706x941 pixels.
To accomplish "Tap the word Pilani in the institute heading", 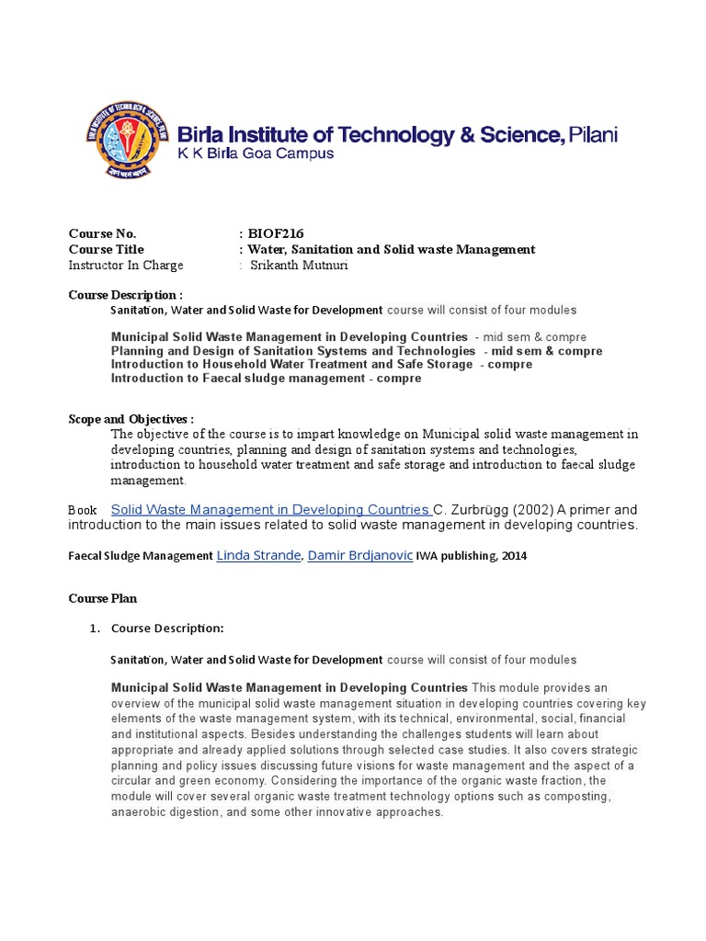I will (x=593, y=135).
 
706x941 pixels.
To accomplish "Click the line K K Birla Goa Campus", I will (x=255, y=154).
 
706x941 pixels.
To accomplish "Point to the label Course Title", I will (x=106, y=249).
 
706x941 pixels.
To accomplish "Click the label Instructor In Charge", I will (x=126, y=266).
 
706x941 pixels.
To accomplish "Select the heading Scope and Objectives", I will (x=131, y=418).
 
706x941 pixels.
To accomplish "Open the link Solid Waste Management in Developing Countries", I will (x=271, y=509).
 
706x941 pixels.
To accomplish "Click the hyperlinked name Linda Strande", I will (x=258, y=555).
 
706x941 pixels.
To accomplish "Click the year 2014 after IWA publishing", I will (x=513, y=556).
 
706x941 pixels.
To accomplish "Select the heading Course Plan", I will (x=102, y=598).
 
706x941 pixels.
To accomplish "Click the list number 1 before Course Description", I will (x=93, y=629).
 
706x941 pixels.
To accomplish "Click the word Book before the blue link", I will (x=83, y=510).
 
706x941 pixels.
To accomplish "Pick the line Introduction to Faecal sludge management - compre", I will (x=266, y=378).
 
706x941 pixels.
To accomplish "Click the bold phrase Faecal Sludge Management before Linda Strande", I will (x=141, y=556).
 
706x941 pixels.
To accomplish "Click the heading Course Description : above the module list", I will (x=125, y=295).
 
